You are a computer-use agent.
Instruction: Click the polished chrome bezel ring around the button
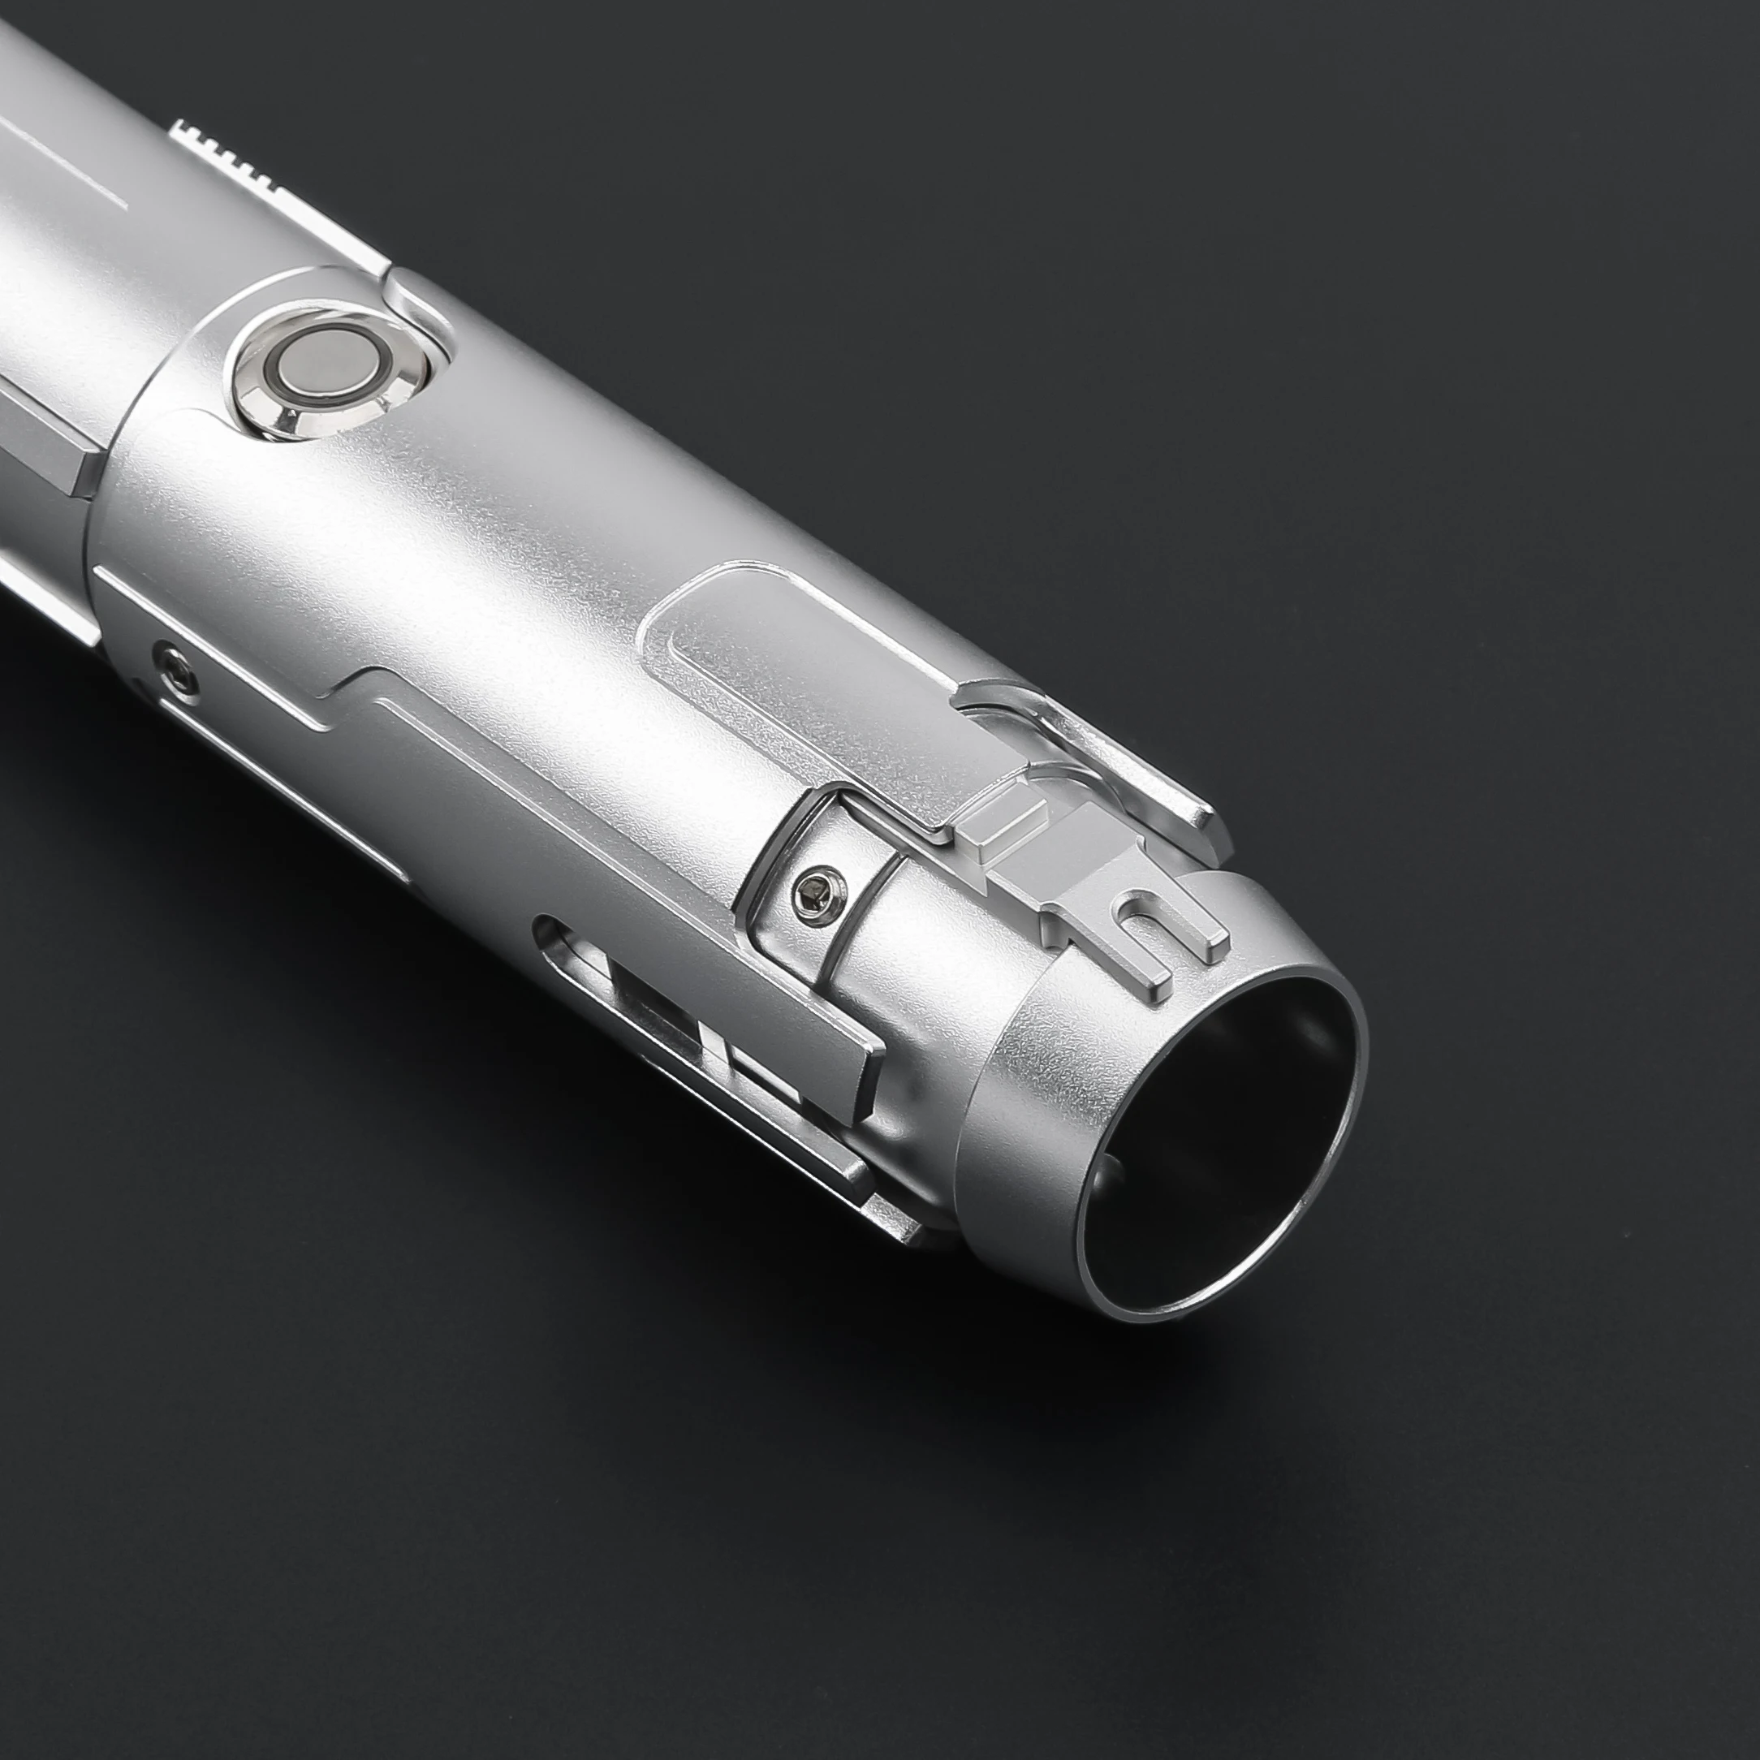tap(274, 405)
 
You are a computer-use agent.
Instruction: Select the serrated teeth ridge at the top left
tap(232, 150)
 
